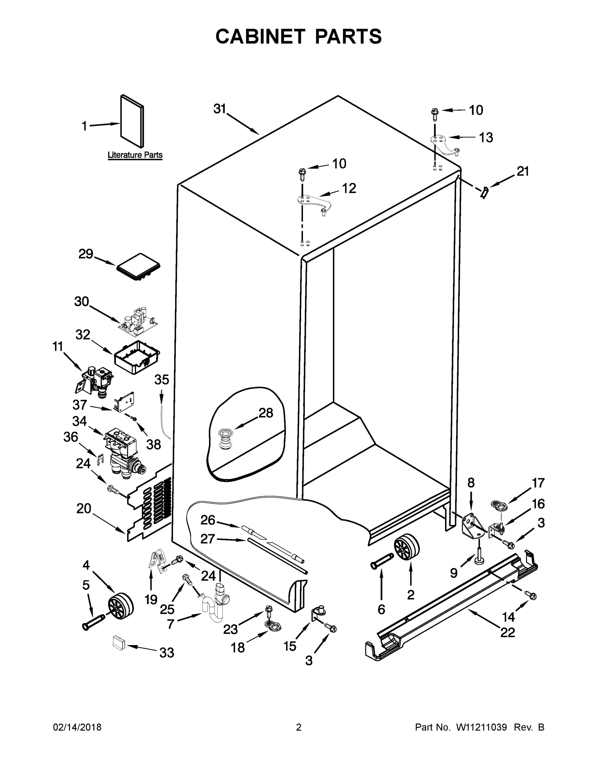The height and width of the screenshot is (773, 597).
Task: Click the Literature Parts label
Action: pos(135,155)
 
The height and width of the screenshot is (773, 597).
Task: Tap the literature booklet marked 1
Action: pos(132,121)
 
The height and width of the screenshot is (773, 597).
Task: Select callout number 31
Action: pos(219,109)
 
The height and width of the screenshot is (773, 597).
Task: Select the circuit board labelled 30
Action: pos(137,321)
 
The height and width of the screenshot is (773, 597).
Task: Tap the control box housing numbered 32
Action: pos(136,357)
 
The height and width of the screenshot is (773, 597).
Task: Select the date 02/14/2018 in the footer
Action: pos(77,728)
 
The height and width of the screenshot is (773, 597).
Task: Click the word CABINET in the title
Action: pos(260,36)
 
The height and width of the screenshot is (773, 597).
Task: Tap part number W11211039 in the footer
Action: pos(481,728)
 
